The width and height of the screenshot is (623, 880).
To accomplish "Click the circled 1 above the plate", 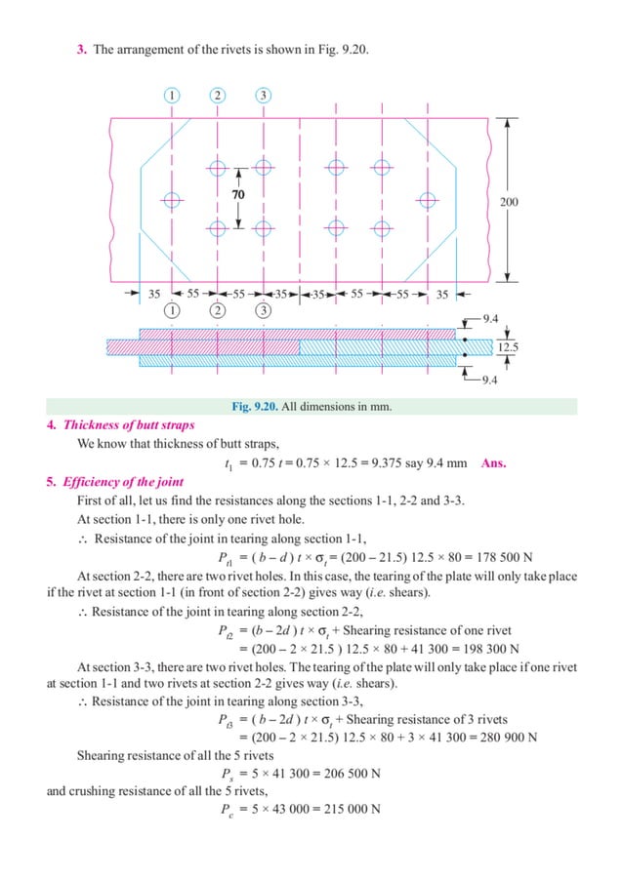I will point(172,95).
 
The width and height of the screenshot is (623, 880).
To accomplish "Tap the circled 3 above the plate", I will point(263,95).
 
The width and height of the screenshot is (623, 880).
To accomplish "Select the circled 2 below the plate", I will point(217,311).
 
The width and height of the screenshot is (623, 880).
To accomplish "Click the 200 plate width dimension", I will point(509,202).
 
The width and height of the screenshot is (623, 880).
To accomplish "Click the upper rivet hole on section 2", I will point(217,168).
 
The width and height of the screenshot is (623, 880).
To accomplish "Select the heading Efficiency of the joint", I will point(122,482).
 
